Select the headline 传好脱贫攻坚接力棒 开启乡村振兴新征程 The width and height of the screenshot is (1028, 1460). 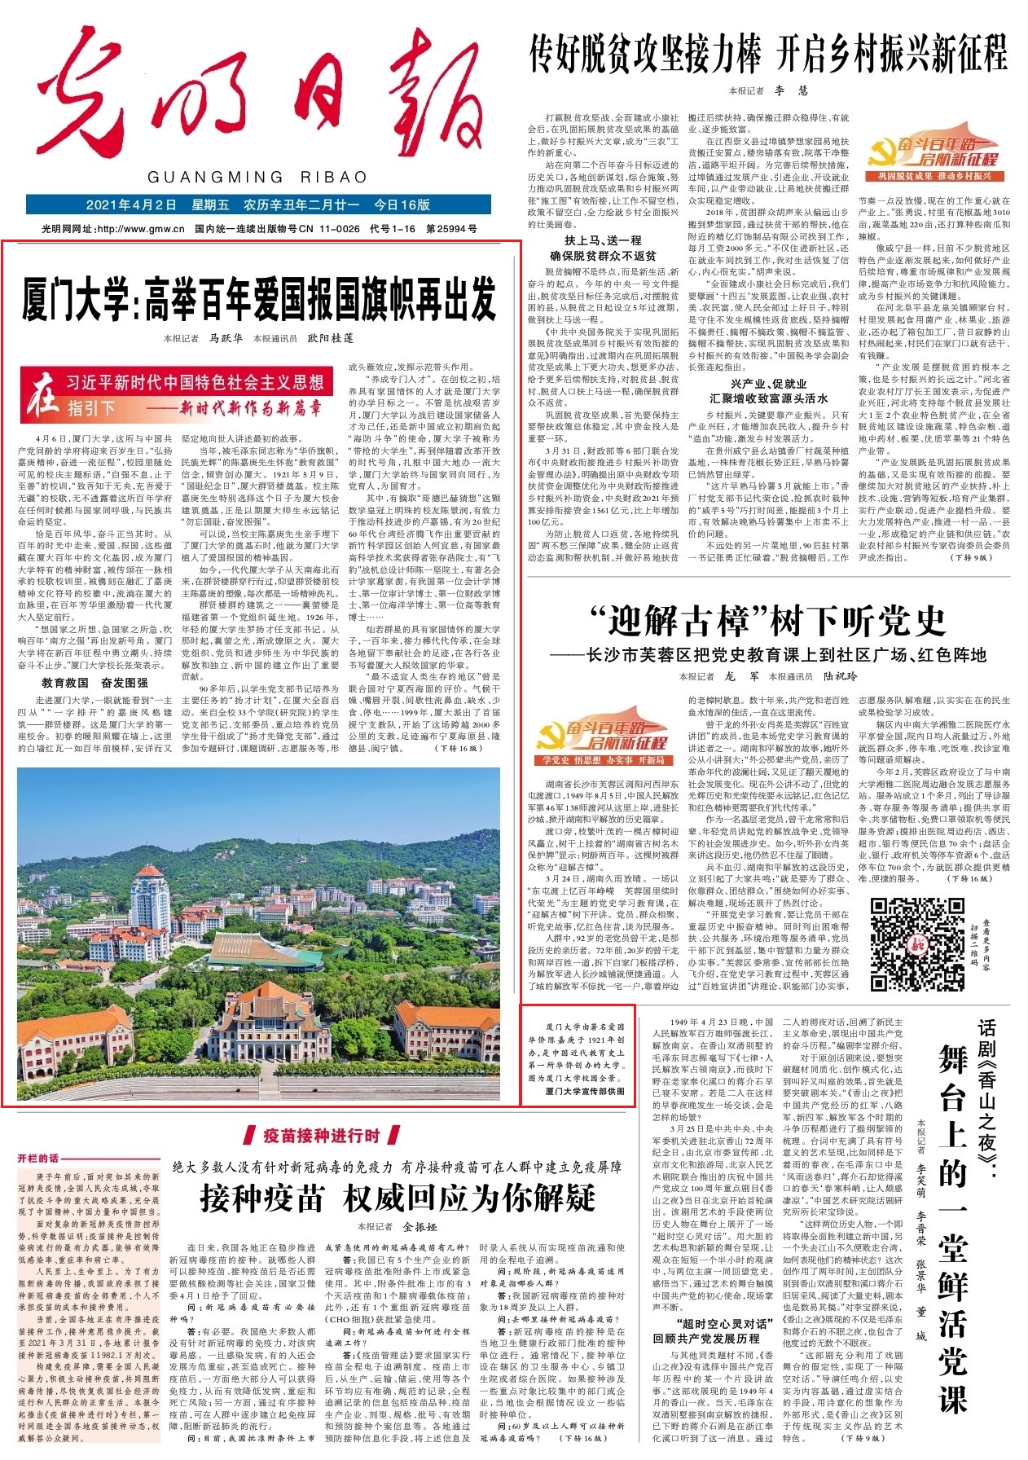point(768,53)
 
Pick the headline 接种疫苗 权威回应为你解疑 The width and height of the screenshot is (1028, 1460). point(398,1198)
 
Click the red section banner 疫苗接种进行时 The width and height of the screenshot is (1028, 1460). point(321,1136)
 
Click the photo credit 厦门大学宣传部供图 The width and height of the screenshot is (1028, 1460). point(585,1091)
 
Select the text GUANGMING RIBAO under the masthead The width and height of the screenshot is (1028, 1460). point(257,178)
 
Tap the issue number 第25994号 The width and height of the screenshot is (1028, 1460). point(452,229)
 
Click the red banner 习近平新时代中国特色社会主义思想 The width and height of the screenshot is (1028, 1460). point(195,382)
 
